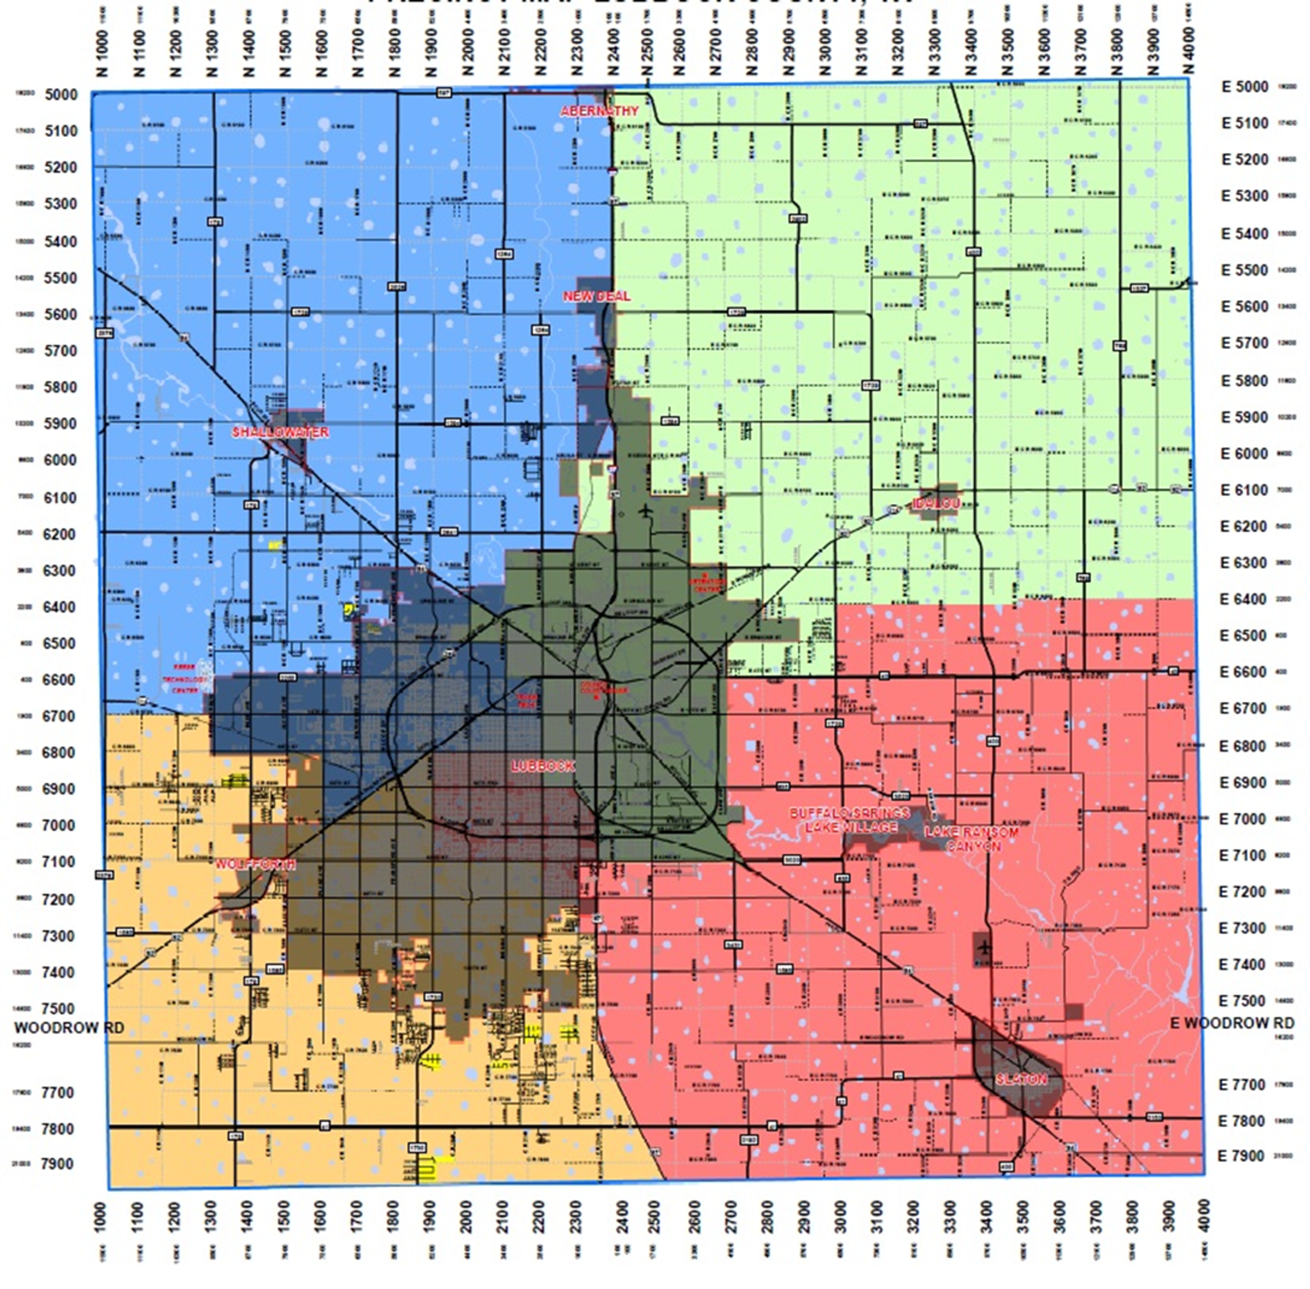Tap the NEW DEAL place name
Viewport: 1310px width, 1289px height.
point(597,296)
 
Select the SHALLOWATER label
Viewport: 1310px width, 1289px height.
point(280,432)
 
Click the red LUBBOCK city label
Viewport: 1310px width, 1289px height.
point(543,766)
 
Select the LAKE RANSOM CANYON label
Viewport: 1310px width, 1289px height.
point(972,838)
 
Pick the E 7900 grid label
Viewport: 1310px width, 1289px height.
point(1241,1156)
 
